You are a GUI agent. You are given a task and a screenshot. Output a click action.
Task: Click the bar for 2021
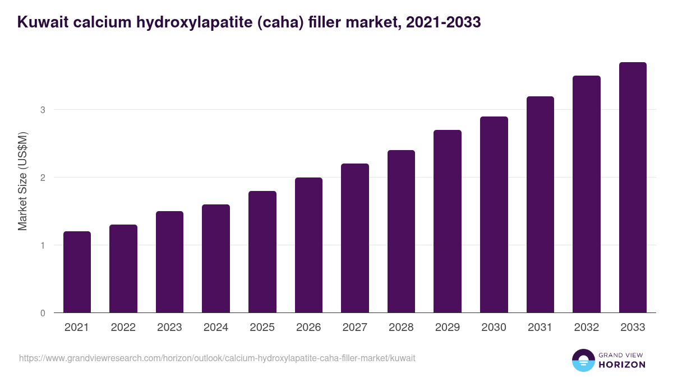click(x=77, y=272)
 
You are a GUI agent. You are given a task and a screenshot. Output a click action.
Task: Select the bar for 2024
click(x=216, y=259)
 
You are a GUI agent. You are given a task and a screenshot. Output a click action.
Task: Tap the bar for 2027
click(x=354, y=238)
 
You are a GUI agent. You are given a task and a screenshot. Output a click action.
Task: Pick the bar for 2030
click(x=494, y=214)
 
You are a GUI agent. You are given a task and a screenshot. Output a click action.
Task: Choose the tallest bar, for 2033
click(x=633, y=188)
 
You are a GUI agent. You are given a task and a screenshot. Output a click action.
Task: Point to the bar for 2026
click(x=308, y=245)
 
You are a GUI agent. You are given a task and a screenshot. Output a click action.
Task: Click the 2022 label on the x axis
click(x=123, y=328)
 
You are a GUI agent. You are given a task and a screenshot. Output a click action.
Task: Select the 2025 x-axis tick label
click(x=262, y=328)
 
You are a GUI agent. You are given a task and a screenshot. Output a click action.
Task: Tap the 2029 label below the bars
click(x=448, y=328)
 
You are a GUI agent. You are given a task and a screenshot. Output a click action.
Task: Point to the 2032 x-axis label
click(x=587, y=328)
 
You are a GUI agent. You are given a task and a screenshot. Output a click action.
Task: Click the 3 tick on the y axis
click(x=43, y=110)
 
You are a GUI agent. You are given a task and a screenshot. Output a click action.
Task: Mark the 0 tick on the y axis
click(x=43, y=313)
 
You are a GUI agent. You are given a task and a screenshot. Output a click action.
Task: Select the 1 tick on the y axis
click(x=43, y=245)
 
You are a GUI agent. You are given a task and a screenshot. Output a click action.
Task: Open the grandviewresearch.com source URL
click(x=217, y=358)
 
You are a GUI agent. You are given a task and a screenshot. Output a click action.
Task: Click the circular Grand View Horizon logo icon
click(x=583, y=360)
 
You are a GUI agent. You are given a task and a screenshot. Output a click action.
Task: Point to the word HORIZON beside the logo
click(x=621, y=365)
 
